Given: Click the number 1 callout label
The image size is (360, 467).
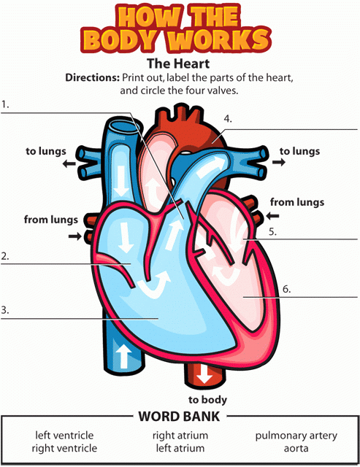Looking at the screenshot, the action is [x=5, y=105].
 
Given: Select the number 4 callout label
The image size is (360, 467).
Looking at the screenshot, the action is [x=228, y=119].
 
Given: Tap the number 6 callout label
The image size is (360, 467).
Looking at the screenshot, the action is [x=286, y=289].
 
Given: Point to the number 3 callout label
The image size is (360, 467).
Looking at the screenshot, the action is [x=5, y=310].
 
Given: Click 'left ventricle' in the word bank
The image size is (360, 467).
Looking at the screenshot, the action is [x=64, y=435].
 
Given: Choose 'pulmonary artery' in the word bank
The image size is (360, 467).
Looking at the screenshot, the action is [x=296, y=436].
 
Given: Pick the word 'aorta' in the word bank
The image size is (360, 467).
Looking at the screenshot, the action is [x=296, y=448].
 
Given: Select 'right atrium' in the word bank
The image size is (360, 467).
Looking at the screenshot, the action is [x=180, y=436].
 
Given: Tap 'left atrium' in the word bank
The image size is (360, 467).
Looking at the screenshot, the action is [x=180, y=448].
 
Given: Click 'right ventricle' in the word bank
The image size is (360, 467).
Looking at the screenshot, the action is [x=64, y=448].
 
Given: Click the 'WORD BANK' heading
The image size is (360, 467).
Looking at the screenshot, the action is [x=179, y=417].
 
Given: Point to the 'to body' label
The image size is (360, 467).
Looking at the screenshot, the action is [x=207, y=399].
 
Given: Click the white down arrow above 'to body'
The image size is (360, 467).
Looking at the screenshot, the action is [x=204, y=374].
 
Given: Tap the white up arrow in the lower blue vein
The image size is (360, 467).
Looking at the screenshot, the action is [x=123, y=356].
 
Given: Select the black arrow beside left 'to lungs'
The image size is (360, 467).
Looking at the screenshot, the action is [x=69, y=163].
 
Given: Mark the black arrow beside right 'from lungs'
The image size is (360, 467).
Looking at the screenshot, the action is [x=272, y=215].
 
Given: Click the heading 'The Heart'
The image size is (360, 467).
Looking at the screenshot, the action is [x=178, y=63].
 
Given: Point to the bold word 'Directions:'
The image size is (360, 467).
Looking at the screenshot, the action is [x=93, y=78].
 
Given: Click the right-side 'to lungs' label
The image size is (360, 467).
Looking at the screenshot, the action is [x=300, y=151].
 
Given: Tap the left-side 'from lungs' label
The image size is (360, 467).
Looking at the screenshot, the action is [x=51, y=220].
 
